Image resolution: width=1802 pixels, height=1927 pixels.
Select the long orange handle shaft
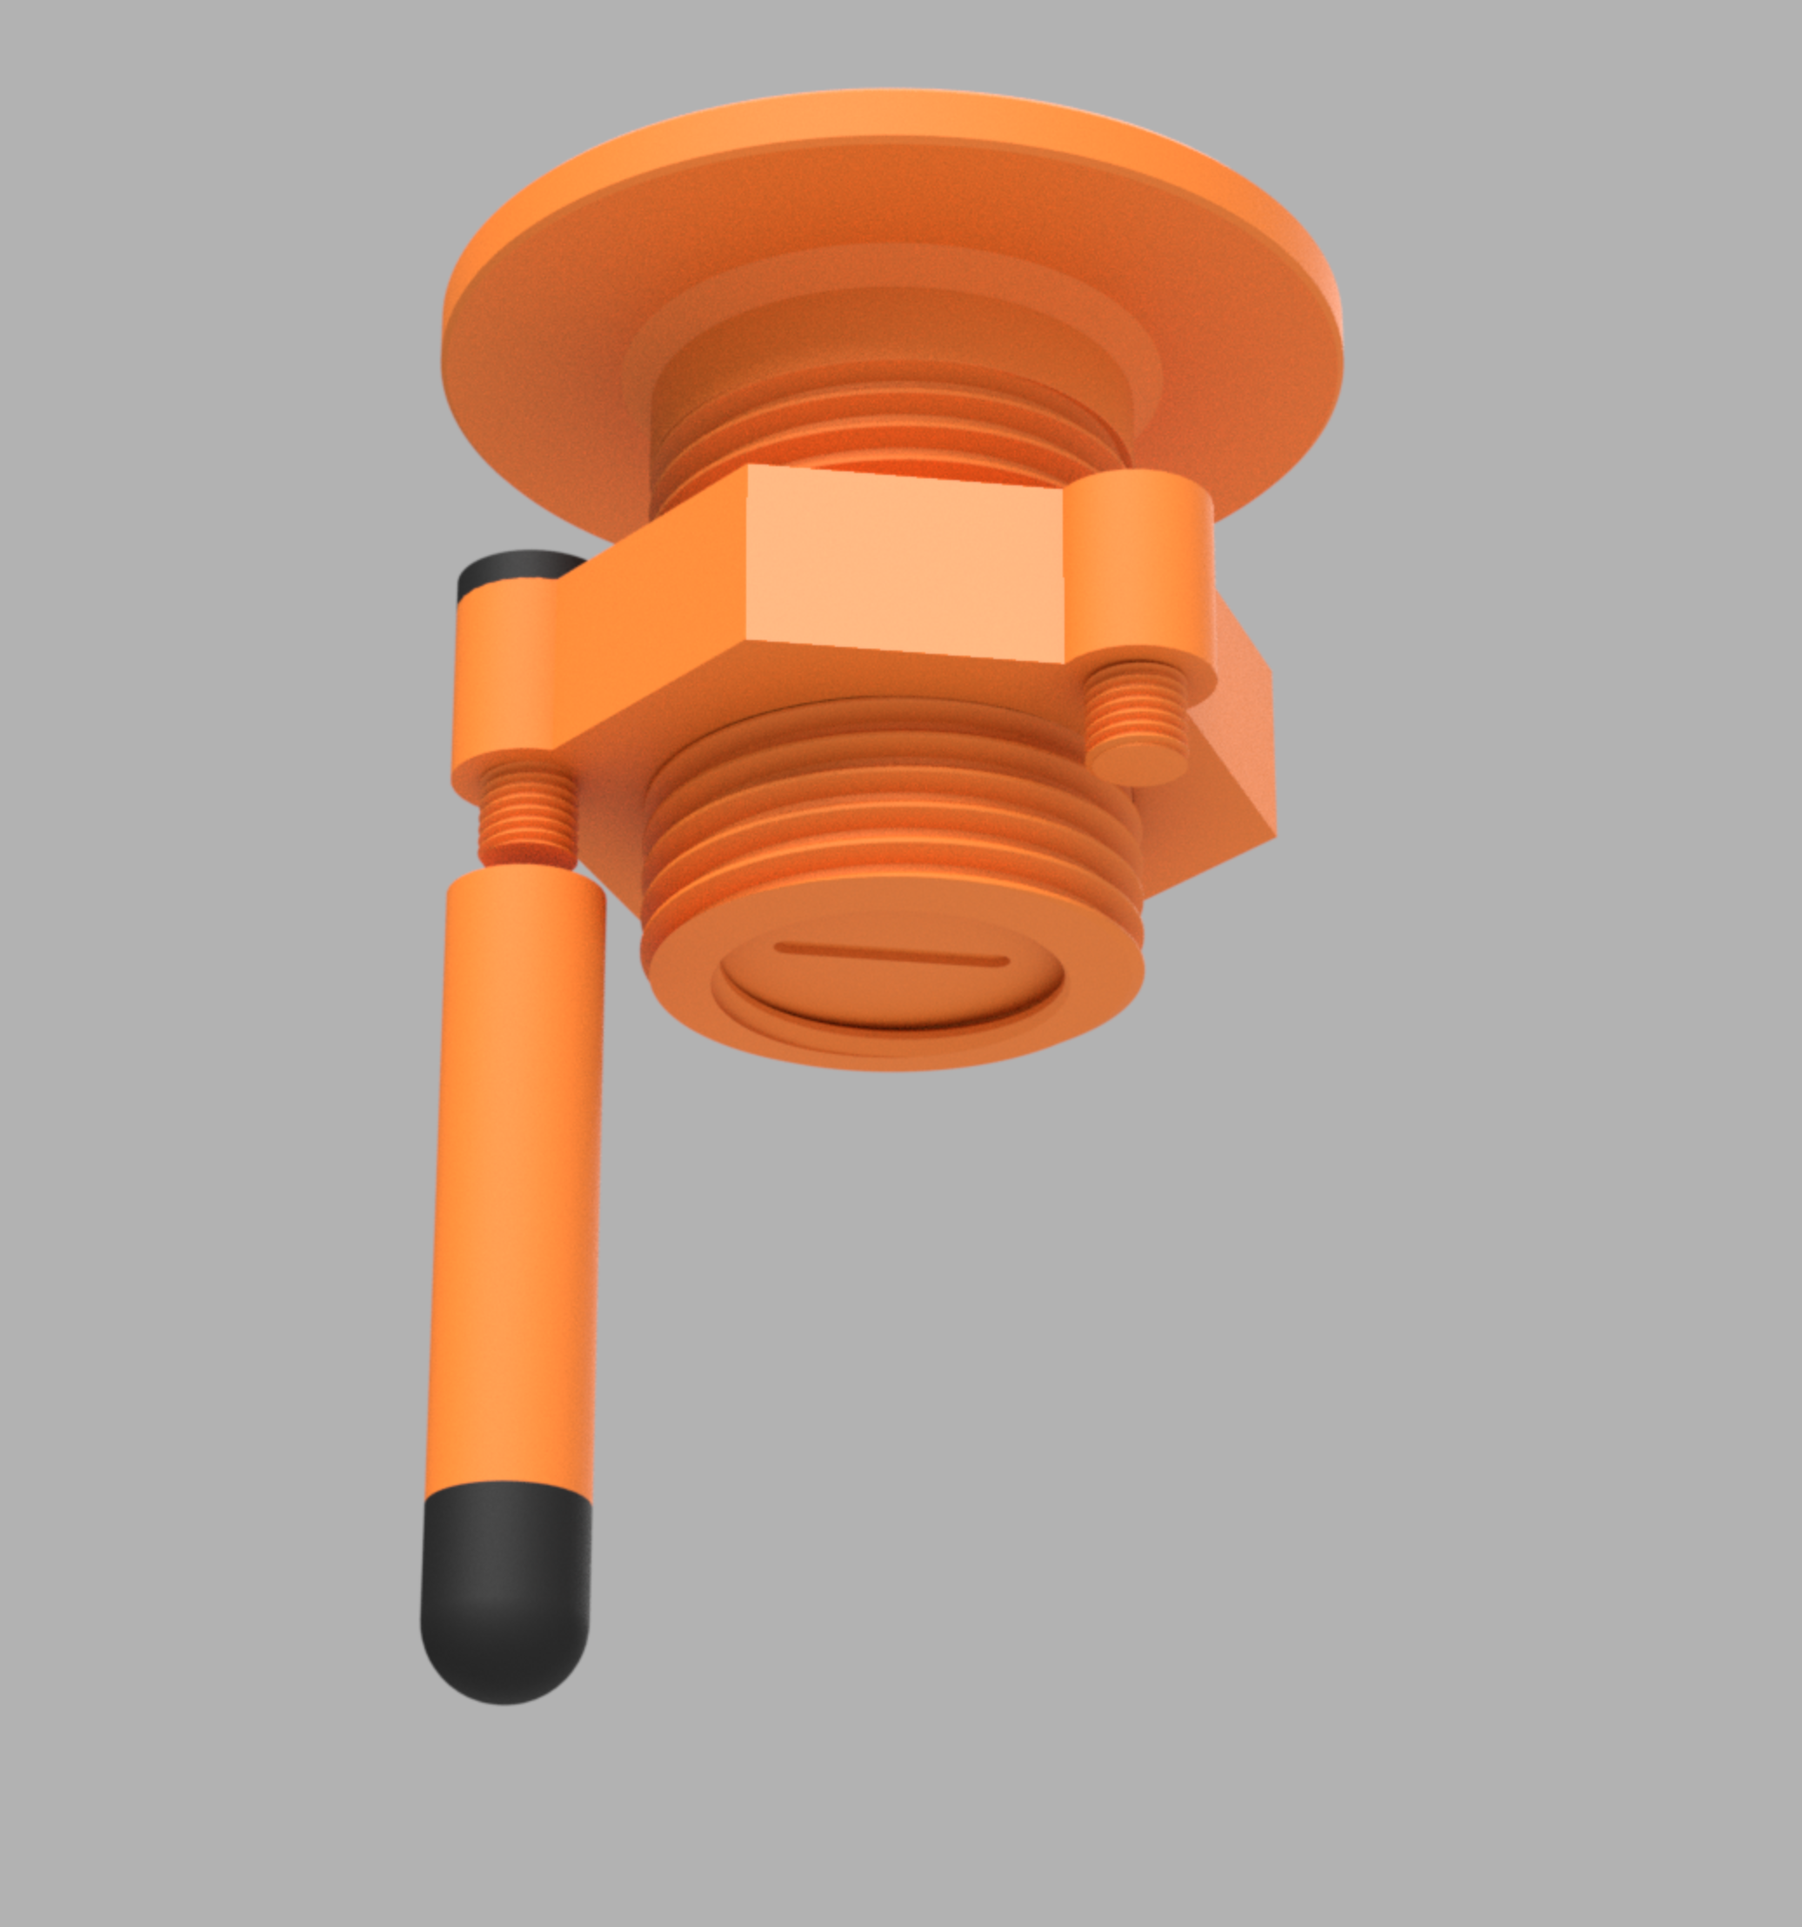[514, 1183]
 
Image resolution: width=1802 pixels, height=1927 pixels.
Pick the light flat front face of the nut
[906, 563]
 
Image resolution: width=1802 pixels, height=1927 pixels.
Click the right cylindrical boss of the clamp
[1144, 572]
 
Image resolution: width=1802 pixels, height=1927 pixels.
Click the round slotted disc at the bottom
[887, 979]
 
